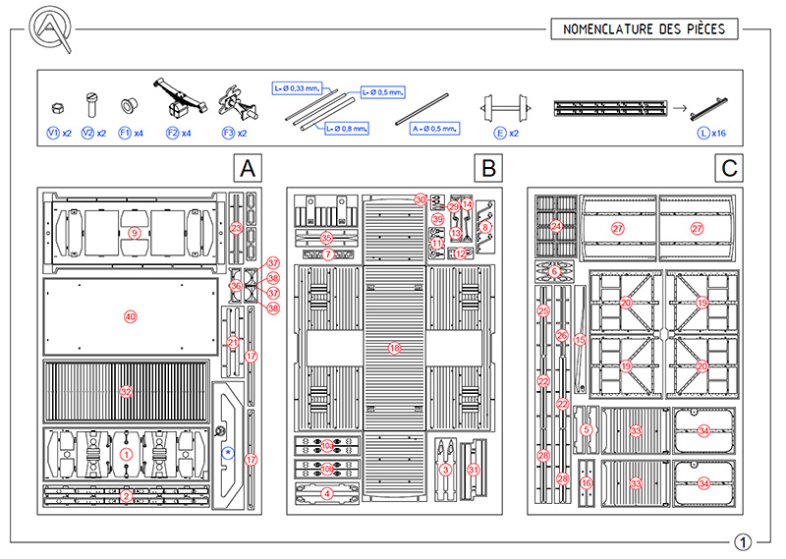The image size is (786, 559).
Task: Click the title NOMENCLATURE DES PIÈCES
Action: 644,28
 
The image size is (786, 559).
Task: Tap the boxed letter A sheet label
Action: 250,169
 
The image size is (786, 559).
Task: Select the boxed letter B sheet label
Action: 489,169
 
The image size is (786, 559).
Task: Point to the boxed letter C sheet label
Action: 729,169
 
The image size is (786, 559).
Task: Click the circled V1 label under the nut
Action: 54,132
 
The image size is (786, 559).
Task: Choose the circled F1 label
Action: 125,132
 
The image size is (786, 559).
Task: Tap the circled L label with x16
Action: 703,132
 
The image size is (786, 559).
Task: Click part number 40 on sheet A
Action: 129,316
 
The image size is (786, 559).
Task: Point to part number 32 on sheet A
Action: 126,391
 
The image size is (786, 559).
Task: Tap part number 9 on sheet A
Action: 134,232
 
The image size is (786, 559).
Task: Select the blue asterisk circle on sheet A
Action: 228,452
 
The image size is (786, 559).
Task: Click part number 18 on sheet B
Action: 395,348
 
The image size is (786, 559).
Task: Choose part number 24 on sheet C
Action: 556,226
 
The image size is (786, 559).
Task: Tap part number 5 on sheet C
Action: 587,429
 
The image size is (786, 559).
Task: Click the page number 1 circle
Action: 744,541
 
